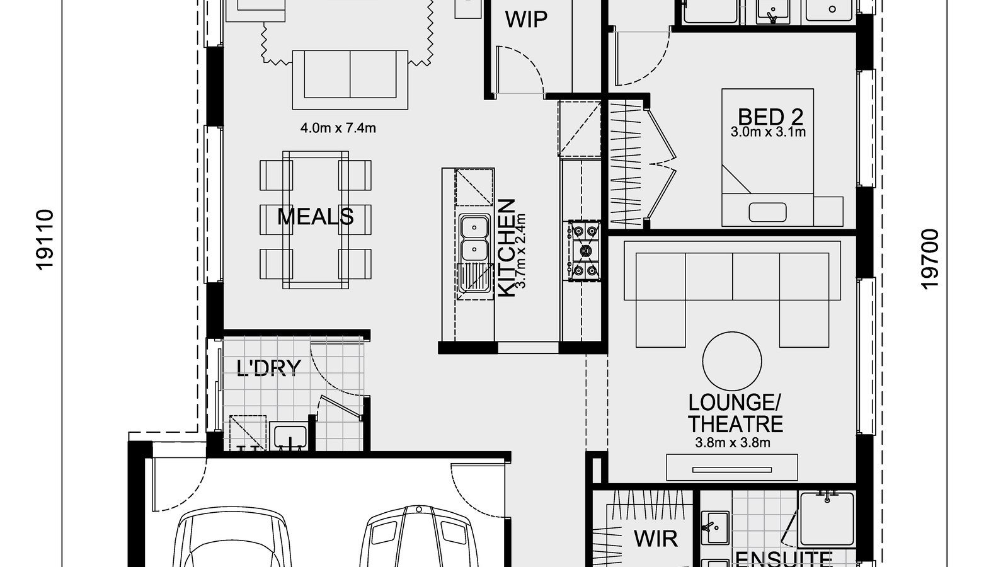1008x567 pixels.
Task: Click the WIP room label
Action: tap(526, 20)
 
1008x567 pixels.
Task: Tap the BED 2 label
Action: tap(770, 117)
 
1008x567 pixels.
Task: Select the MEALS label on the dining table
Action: tap(315, 217)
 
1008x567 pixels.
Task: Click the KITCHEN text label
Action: tap(507, 248)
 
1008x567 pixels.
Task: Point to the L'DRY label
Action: tap(269, 367)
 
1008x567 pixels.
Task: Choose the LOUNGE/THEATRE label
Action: tap(735, 413)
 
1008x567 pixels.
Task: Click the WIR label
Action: tap(655, 539)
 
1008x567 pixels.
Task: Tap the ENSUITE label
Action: tap(783, 559)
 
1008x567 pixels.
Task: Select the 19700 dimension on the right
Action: tap(930, 259)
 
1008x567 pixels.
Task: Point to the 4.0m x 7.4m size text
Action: tap(338, 129)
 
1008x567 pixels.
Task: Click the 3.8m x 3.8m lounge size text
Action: tap(733, 443)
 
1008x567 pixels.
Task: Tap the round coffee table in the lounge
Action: tap(732, 361)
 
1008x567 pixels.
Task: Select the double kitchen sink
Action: tap(474, 239)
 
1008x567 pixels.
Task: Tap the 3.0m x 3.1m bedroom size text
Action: tap(768, 132)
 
